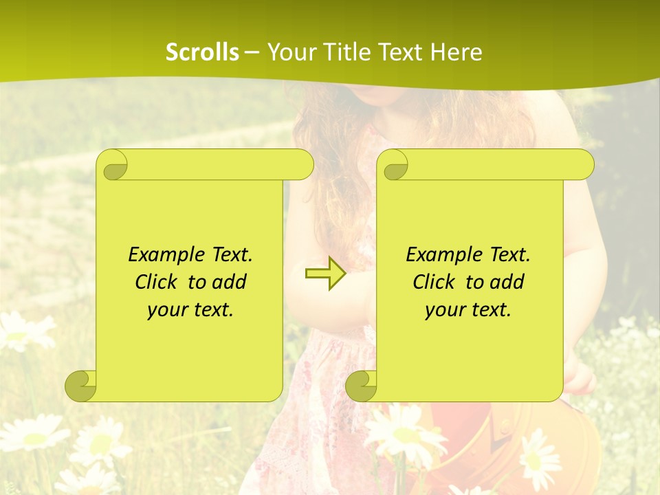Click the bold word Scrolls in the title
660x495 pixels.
202,52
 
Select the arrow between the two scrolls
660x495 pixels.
325,274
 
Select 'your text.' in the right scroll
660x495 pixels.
468,309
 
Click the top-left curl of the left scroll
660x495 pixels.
112,165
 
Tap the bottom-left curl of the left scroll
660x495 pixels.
80,386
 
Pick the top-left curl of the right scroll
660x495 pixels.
393,165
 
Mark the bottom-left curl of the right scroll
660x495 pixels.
361,386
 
